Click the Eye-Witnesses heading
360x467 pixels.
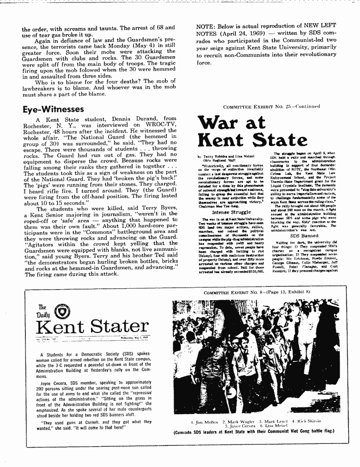point(53,109)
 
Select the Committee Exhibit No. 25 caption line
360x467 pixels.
point(271,106)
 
